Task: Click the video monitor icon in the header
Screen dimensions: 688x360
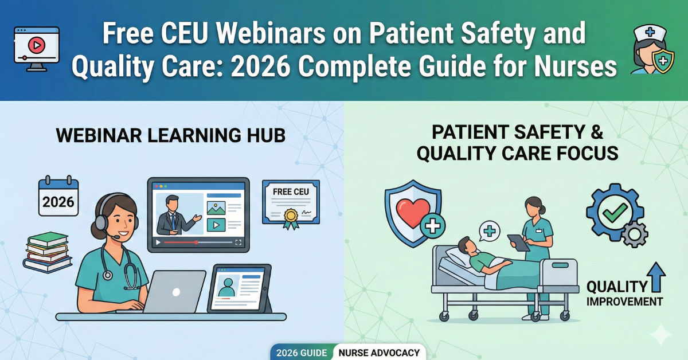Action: pyautogui.click(x=37, y=49)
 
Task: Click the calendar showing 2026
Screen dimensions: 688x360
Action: pyautogui.click(x=58, y=196)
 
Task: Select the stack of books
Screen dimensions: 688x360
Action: pyautogui.click(x=47, y=252)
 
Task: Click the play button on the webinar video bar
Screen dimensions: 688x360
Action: pyautogui.click(x=158, y=242)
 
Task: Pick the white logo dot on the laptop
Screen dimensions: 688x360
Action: pyautogui.click(x=176, y=292)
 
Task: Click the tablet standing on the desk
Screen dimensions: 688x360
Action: pyautogui.click(x=240, y=288)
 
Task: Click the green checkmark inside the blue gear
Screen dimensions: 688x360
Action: pyautogui.click(x=615, y=213)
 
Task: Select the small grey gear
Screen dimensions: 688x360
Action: pyautogui.click(x=635, y=234)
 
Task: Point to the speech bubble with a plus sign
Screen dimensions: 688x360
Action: pyautogui.click(x=490, y=231)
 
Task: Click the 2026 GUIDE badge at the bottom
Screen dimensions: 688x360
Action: pyautogui.click(x=302, y=353)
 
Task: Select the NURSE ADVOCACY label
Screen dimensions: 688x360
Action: pyautogui.click(x=379, y=353)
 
